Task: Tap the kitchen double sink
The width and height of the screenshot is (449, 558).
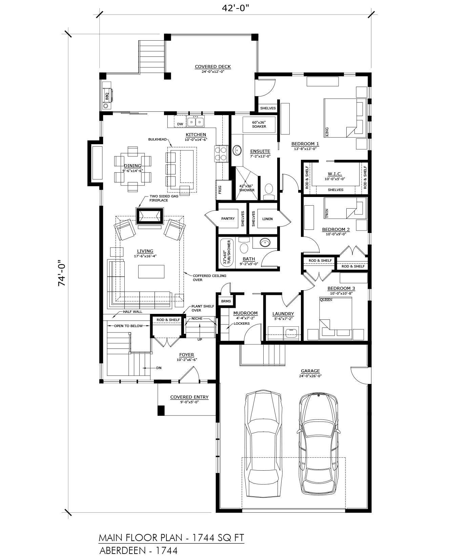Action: click(196, 121)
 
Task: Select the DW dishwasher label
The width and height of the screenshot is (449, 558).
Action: click(180, 124)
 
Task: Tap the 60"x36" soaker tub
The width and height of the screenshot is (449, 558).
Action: click(259, 125)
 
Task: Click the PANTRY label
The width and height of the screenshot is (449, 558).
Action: click(228, 219)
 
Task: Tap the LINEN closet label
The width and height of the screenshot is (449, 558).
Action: click(267, 219)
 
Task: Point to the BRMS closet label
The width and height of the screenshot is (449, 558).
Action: click(226, 301)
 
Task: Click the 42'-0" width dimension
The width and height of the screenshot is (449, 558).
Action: click(236, 8)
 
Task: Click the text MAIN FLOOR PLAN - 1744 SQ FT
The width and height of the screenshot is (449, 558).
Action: click(171, 538)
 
